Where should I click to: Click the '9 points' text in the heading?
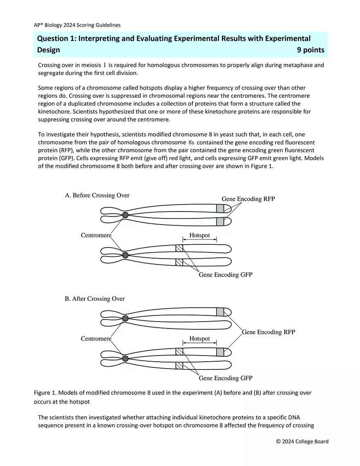(x=310, y=50)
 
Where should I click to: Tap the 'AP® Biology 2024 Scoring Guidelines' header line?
(x=77, y=25)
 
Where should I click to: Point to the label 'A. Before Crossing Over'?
(x=97, y=195)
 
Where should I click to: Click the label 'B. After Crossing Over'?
(x=94, y=299)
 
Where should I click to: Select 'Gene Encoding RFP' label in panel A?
(x=248, y=199)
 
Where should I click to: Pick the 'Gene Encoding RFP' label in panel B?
(x=268, y=332)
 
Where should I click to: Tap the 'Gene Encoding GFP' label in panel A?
(x=225, y=275)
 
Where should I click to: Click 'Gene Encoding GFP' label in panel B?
(x=225, y=378)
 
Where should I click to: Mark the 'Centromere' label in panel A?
(x=96, y=236)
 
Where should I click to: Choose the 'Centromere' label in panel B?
(x=96, y=339)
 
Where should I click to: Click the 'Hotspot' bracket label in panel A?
(x=200, y=235)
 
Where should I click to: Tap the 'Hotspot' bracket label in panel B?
(x=200, y=339)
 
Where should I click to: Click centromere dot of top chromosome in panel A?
(x=125, y=215)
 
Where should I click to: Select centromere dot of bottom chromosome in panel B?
(x=125, y=358)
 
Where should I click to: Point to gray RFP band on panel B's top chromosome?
(x=220, y=312)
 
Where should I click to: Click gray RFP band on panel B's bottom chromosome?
(x=220, y=352)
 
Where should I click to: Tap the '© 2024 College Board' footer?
(x=302, y=441)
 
